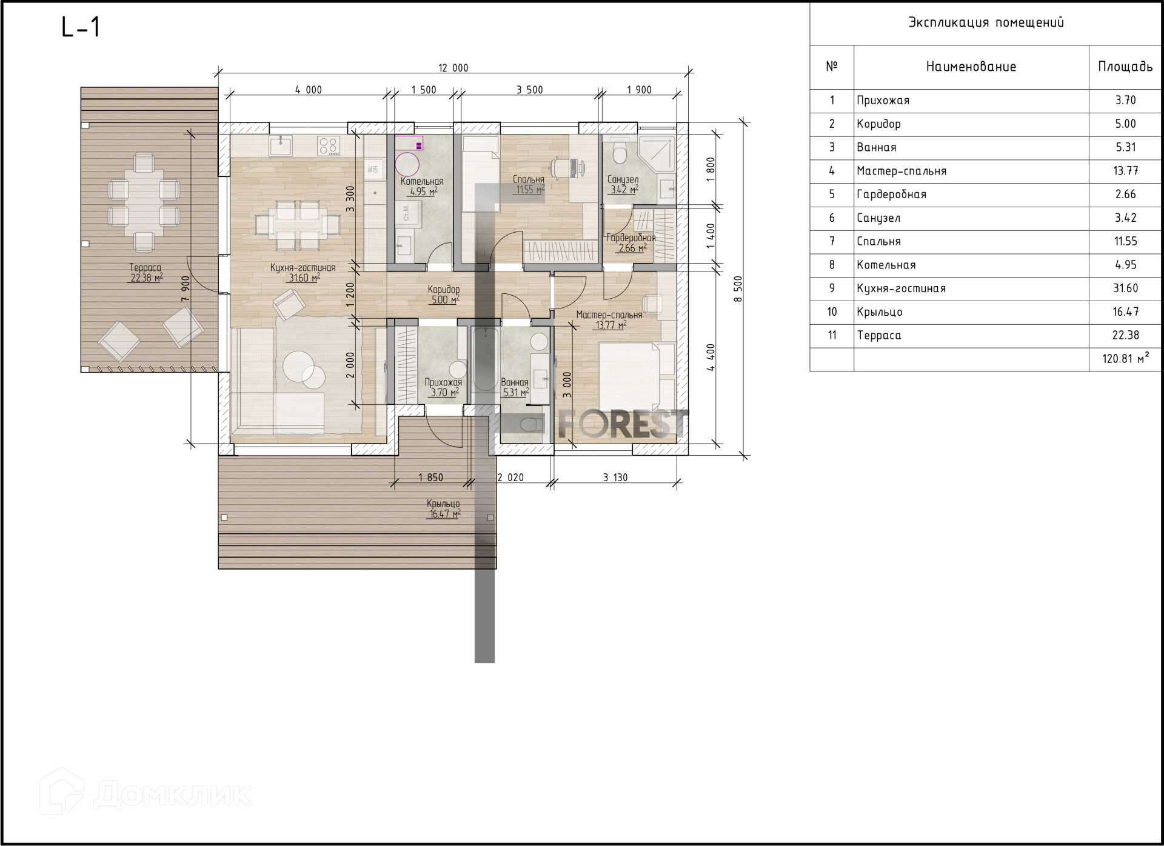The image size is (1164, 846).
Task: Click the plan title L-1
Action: (81, 27)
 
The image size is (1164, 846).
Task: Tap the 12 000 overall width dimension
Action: (453, 68)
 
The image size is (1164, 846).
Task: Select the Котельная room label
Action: (422, 181)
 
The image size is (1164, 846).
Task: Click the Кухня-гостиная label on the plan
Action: (303, 267)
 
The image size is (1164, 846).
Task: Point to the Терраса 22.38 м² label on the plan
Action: (145, 273)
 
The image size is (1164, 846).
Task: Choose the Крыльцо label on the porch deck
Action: (443, 504)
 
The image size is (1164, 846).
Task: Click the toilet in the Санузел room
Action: (619, 153)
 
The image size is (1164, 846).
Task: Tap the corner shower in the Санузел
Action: (657, 153)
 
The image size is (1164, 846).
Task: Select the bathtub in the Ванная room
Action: (484, 359)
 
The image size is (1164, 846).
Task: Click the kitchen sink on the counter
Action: (281, 146)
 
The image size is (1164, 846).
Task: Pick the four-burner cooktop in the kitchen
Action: (329, 145)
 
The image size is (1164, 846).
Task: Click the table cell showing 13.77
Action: (1125, 171)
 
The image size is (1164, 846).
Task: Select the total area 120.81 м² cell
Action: (1125, 358)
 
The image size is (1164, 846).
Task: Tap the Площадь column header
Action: (1125, 67)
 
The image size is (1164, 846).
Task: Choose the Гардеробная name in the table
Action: (891, 195)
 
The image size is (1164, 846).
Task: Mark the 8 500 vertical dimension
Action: (738, 289)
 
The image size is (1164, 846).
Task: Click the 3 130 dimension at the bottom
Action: (615, 478)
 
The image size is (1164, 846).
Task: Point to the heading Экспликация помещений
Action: (986, 23)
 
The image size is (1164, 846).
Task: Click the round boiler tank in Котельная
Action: (407, 164)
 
